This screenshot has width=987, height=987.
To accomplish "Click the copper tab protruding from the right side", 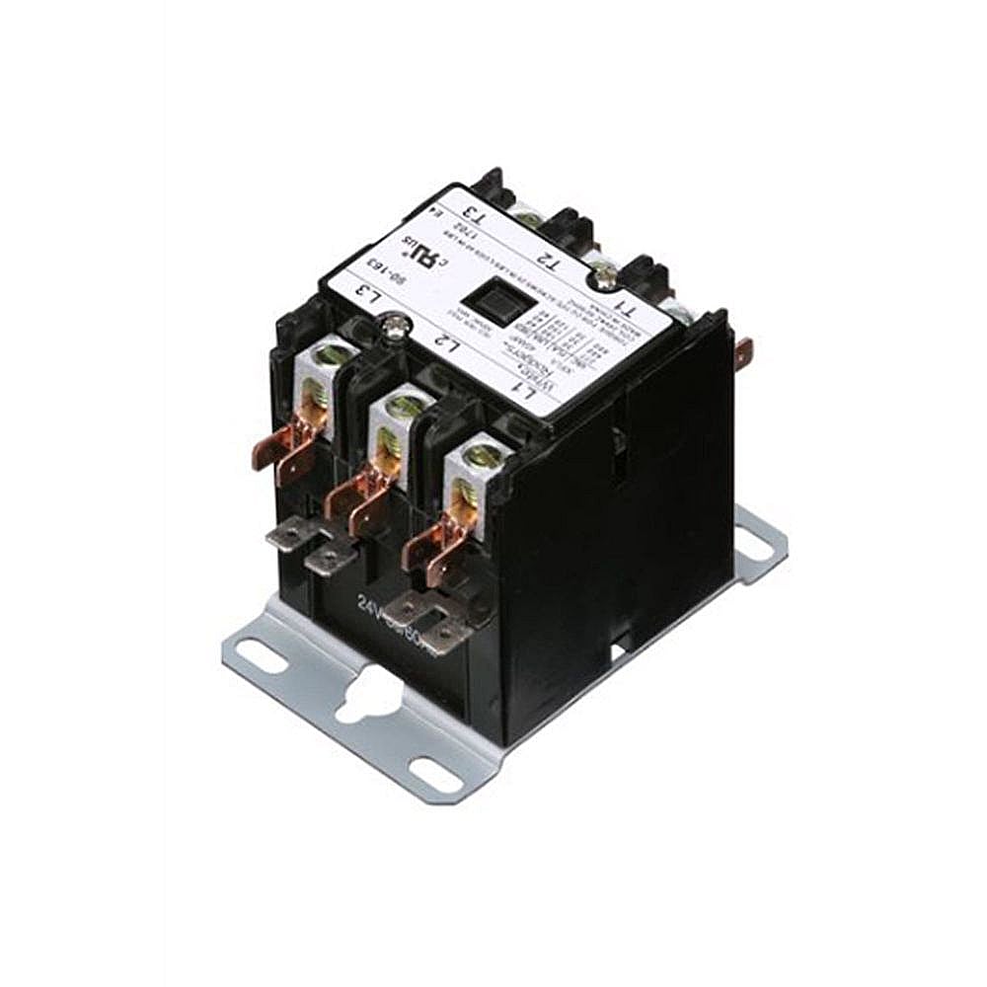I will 744,350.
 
